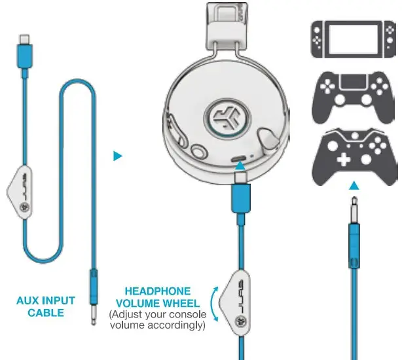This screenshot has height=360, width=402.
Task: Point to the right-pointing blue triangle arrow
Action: [x=118, y=156]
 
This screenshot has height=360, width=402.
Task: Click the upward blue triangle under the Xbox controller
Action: [x=354, y=186]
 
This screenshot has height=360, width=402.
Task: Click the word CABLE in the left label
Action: [x=46, y=312]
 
